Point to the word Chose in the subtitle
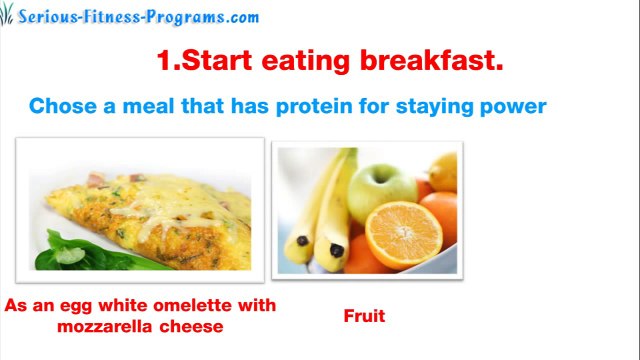point(59,106)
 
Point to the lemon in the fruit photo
point(442,171)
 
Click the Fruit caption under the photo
point(364,316)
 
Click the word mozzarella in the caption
point(99,326)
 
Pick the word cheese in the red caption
point(193,326)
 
